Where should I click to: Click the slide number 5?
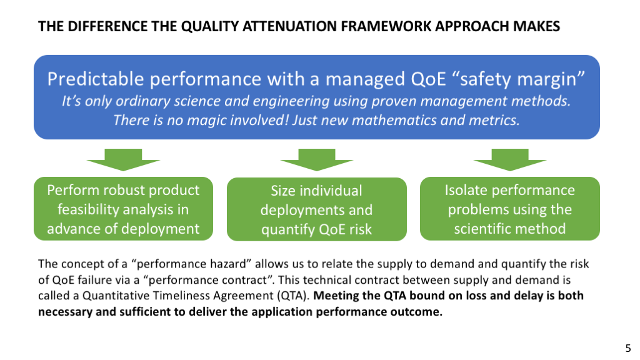click(628, 349)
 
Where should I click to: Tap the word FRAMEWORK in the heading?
click(386, 26)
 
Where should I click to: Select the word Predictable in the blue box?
click(96, 79)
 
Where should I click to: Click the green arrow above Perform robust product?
click(123, 159)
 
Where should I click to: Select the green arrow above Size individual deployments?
click(317, 159)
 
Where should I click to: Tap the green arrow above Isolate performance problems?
click(510, 159)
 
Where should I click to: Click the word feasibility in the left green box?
click(87, 210)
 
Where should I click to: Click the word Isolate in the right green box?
click(464, 191)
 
